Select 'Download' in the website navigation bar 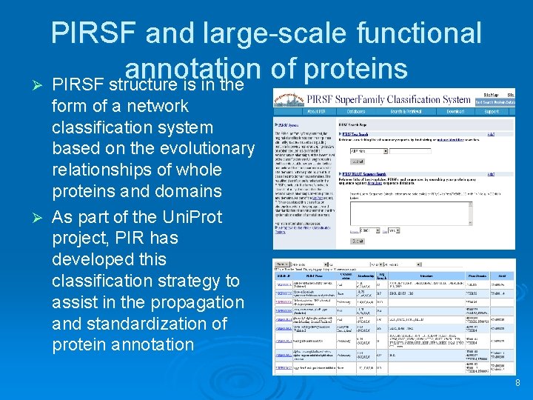tap(455, 113)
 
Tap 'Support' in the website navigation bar tap(492, 113)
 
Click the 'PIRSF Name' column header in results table tap(304, 276)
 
